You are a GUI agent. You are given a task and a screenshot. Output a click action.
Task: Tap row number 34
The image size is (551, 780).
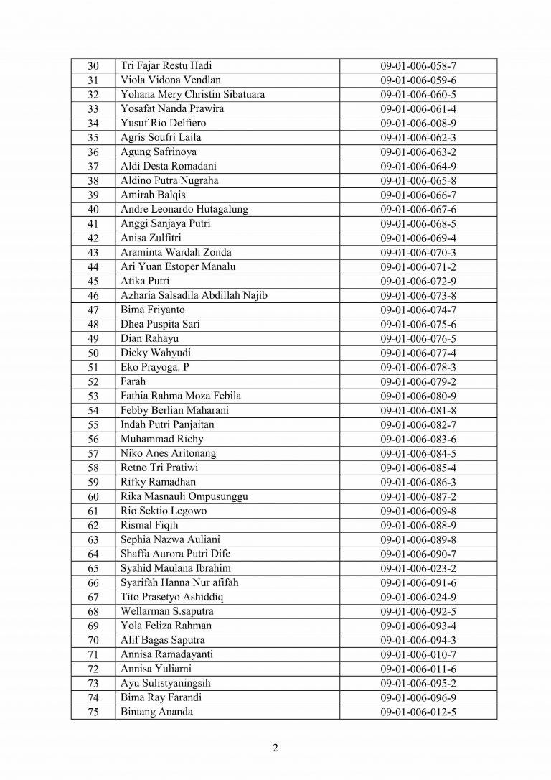click(93, 123)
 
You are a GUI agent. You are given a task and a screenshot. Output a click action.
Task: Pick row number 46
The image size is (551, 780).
click(93, 295)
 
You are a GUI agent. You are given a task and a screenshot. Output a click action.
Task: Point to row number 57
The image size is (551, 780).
click(93, 453)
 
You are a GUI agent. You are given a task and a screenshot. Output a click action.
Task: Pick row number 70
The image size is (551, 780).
click(93, 640)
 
